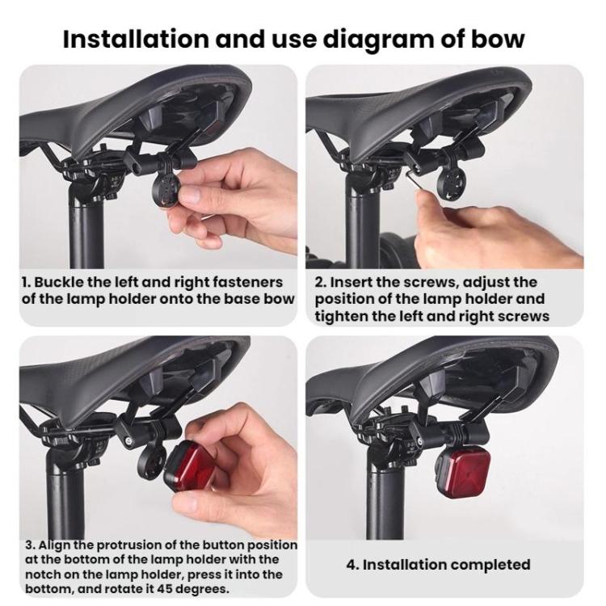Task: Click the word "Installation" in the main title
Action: [x=136, y=39]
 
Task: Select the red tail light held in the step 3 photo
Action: [x=189, y=465]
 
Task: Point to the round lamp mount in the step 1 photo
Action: [x=172, y=189]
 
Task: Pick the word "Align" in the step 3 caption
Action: [x=53, y=545]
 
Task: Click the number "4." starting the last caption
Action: [x=352, y=565]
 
